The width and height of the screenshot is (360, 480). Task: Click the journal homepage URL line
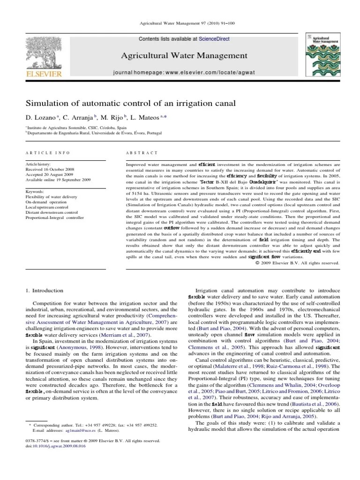(x=184, y=74)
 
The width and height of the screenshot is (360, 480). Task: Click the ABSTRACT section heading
(x=142, y=153)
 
